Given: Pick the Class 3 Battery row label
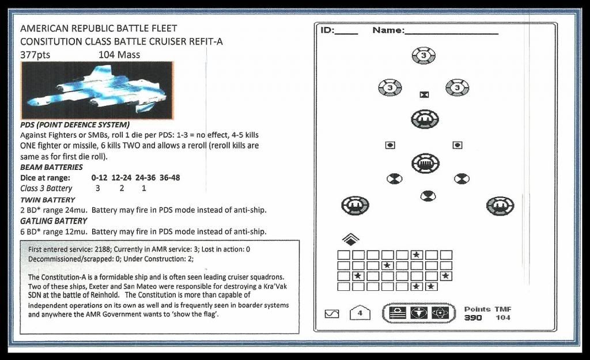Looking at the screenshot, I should [x=46, y=188].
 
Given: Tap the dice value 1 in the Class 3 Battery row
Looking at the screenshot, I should [x=143, y=188].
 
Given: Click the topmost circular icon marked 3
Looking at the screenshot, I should [x=423, y=56].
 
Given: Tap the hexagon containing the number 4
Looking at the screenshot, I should [x=360, y=313].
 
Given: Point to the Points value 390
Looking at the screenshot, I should [x=473, y=318].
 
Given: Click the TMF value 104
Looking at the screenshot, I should [x=502, y=318].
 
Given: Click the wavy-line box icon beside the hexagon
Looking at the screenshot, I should [x=332, y=314].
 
